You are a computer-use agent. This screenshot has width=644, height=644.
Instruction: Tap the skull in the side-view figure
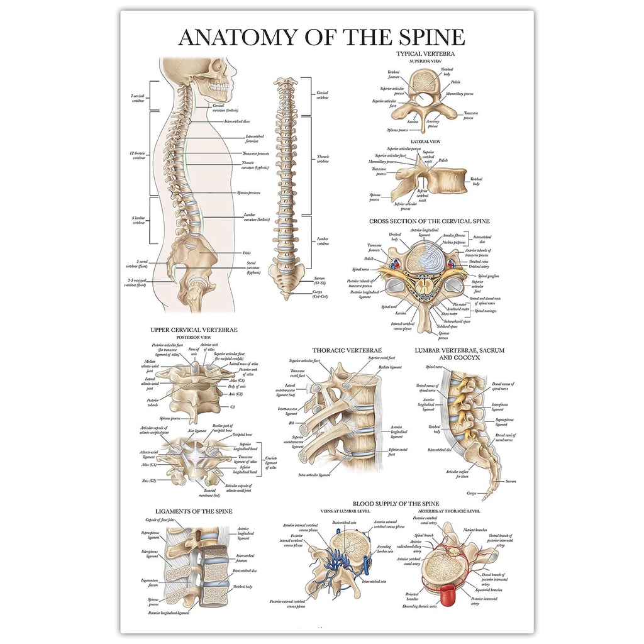coord(217,72)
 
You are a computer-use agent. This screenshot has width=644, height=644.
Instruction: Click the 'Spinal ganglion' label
coord(489,276)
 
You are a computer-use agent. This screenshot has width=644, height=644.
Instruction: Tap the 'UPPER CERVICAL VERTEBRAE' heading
coord(194,329)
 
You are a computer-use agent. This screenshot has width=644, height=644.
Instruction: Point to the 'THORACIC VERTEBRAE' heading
coord(347,350)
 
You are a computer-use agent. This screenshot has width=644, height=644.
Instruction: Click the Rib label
coord(292,423)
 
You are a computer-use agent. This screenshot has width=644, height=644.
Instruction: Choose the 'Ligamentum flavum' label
coord(150,582)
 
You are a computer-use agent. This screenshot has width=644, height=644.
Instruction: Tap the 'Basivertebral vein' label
coord(344,523)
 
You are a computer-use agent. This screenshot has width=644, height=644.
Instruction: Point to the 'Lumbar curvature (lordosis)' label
coord(256,217)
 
